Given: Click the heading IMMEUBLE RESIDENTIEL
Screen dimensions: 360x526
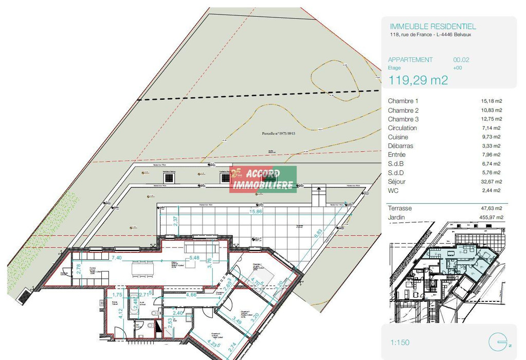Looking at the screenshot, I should coord(433,26).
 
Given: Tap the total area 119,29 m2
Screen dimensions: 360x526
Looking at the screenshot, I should coord(418,80).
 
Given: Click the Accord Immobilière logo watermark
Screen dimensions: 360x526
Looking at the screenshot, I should coord(263,179).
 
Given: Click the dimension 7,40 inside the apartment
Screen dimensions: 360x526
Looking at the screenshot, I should coord(116,257).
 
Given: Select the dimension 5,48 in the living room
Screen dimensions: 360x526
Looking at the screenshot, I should coord(194,258).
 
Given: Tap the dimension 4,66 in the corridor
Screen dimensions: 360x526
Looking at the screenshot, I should coord(190,295).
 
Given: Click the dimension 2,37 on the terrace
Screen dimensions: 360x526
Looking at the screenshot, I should coord(176,221).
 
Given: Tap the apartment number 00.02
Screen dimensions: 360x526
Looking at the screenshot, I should coord(461,60).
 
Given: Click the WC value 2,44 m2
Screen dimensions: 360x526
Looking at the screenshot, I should coord(492,190).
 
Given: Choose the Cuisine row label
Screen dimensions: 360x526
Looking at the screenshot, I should coord(397,137).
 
